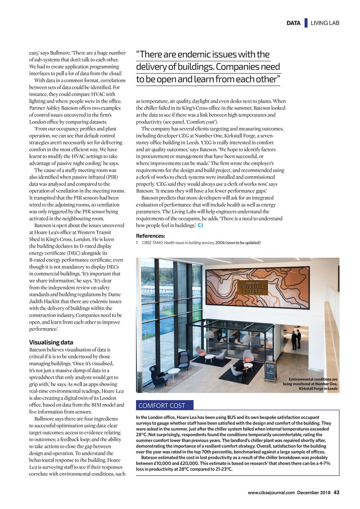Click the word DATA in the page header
(x=293, y=23)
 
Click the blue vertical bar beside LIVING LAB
(x=306, y=23)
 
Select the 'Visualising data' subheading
(x=51, y=342)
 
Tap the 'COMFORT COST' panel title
(x=162, y=406)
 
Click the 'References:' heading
(x=150, y=236)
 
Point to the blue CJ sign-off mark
(x=200, y=225)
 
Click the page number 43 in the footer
(x=336, y=492)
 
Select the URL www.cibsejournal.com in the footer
(x=271, y=492)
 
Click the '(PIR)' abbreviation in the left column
(x=112, y=177)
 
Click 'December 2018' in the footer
(x=314, y=492)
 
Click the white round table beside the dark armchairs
(x=173, y=371)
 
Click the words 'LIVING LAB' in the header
(x=325, y=23)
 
